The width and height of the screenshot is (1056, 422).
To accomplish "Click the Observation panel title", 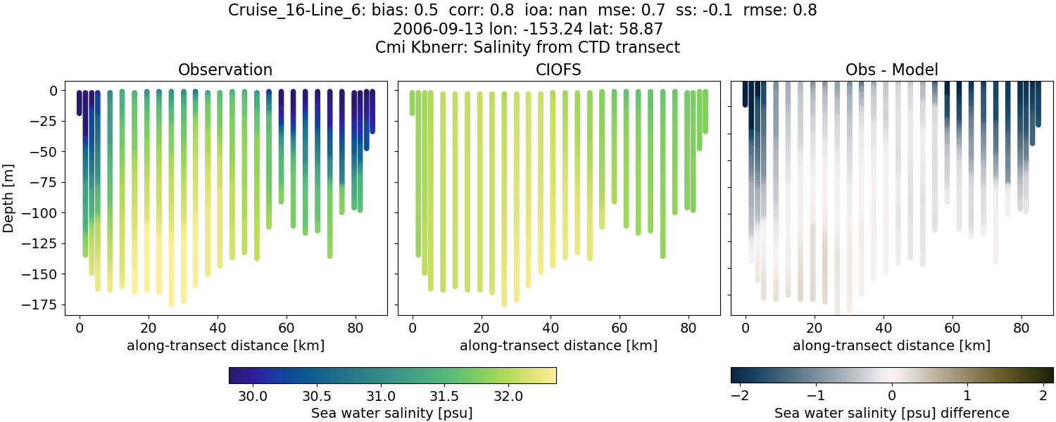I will coord(225,70).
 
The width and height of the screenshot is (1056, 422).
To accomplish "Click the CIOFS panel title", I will coord(558,70).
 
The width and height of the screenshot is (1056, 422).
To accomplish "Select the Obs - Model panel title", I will coord(891,70).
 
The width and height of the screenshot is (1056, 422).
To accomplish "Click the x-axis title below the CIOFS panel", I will coord(558,345).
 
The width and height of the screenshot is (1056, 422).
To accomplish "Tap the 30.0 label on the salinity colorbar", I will coord(252,396).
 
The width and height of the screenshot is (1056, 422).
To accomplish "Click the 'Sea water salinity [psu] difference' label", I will coord(891,413).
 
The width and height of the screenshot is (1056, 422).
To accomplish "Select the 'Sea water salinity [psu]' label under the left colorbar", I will coord(392,413).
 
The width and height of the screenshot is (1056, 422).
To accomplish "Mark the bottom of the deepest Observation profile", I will coord(171,304).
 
